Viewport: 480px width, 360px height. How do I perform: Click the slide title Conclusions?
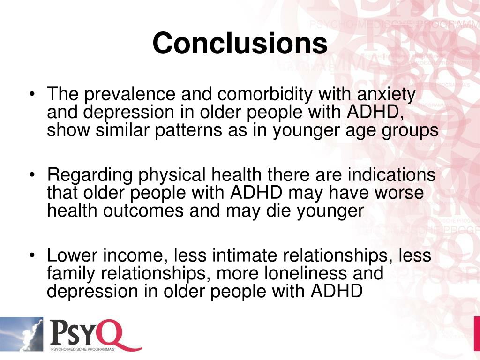240,44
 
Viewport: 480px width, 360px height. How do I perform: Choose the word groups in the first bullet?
412,130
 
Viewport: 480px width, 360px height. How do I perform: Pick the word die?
278,210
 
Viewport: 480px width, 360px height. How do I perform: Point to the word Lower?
71,255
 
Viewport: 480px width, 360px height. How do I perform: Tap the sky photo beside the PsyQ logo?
22,334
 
